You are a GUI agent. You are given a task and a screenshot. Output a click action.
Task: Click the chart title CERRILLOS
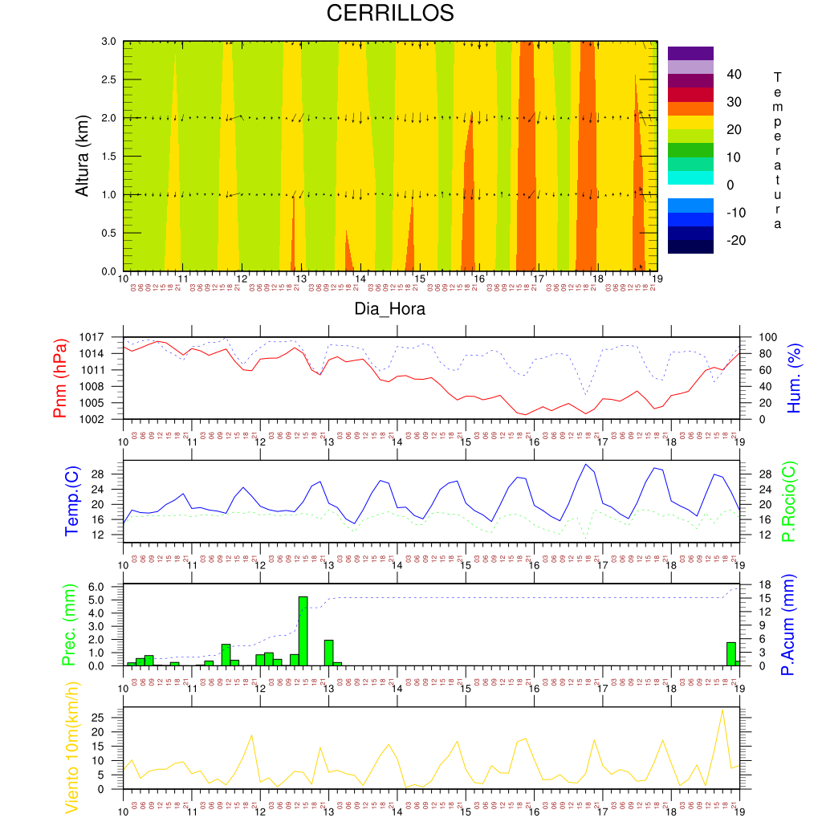pyautogui.click(x=389, y=14)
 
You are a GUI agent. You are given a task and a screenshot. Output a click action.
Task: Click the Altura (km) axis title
pyautogui.click(x=82, y=157)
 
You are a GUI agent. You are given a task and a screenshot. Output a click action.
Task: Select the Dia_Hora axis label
pyautogui.click(x=389, y=309)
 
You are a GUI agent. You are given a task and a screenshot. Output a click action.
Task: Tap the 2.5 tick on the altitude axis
pyautogui.click(x=108, y=80)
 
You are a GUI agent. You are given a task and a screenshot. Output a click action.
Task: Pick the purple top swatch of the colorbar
pyautogui.click(x=690, y=53)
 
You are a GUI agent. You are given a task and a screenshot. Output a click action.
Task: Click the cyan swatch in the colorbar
pyautogui.click(x=690, y=177)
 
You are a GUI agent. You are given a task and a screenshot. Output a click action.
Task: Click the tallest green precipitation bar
pyautogui.click(x=303, y=630)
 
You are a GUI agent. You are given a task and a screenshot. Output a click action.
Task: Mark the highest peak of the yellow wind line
pyautogui.click(x=722, y=710)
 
